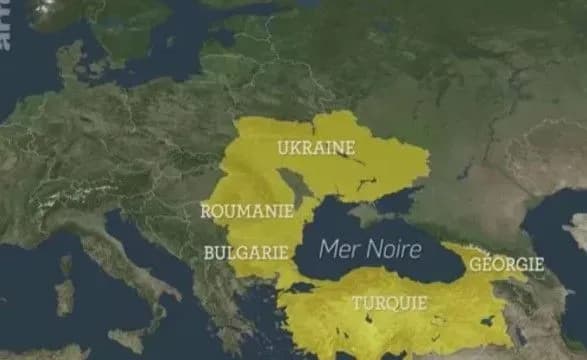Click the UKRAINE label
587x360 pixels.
(316, 149)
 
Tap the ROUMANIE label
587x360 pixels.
(246, 211)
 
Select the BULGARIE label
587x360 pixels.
(246, 253)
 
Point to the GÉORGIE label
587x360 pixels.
(508, 264)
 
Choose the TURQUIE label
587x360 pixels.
(388, 302)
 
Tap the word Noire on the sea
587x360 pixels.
(394, 248)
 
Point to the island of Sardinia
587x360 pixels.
(64, 297)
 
